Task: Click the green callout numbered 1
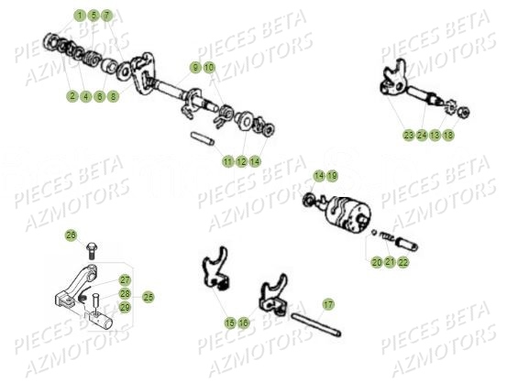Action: pos(80,16)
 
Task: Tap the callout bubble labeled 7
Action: pos(106,16)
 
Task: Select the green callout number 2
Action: pos(72,95)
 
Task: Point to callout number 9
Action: pos(195,68)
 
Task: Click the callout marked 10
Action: pos(209,68)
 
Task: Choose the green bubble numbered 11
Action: pos(227,161)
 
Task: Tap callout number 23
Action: pos(408,135)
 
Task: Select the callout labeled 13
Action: pos(435,135)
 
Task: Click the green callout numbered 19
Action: pos(332,175)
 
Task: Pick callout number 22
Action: pos(404,262)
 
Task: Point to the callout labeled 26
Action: pos(70,235)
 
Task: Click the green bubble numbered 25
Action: pos(148,296)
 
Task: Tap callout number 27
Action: pos(125,281)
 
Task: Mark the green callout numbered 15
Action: pos(230,322)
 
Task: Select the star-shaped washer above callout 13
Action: pos(436,113)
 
